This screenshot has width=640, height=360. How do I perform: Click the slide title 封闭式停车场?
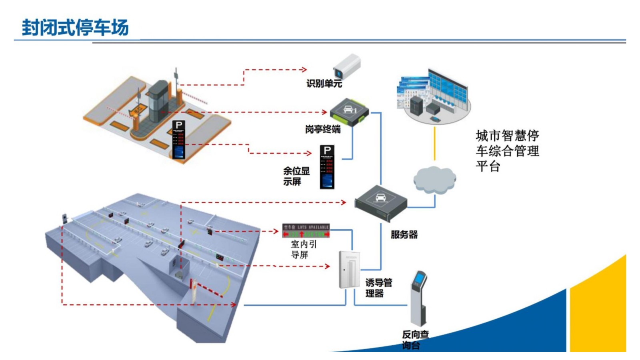tap(75, 27)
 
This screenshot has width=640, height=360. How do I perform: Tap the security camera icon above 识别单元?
tap(347, 66)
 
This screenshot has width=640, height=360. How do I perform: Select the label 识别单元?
tap(324, 84)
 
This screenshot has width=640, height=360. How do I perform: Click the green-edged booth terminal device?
tap(349, 112)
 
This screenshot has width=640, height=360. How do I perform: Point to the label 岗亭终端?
tap(322, 129)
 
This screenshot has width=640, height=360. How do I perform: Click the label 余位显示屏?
tap(296, 176)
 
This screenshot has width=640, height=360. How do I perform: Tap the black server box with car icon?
tap(380, 202)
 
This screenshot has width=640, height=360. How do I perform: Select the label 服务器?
tap(404, 235)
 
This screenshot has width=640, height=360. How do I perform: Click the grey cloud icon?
tap(434, 180)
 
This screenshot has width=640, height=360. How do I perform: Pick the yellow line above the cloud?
tap(435, 144)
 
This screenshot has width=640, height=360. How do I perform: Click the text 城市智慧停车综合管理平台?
tap(507, 151)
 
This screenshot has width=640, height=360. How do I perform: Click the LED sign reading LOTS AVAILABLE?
tap(306, 230)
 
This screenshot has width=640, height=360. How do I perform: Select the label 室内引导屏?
tap(303, 249)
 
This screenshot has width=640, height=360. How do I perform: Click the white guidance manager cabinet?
tap(349, 269)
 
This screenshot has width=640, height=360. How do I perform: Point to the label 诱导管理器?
tap(378, 288)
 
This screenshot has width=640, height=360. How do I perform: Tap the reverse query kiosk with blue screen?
tap(418, 298)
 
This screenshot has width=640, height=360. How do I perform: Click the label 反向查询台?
tap(415, 339)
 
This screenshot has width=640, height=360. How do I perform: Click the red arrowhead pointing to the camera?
tap(304, 70)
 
